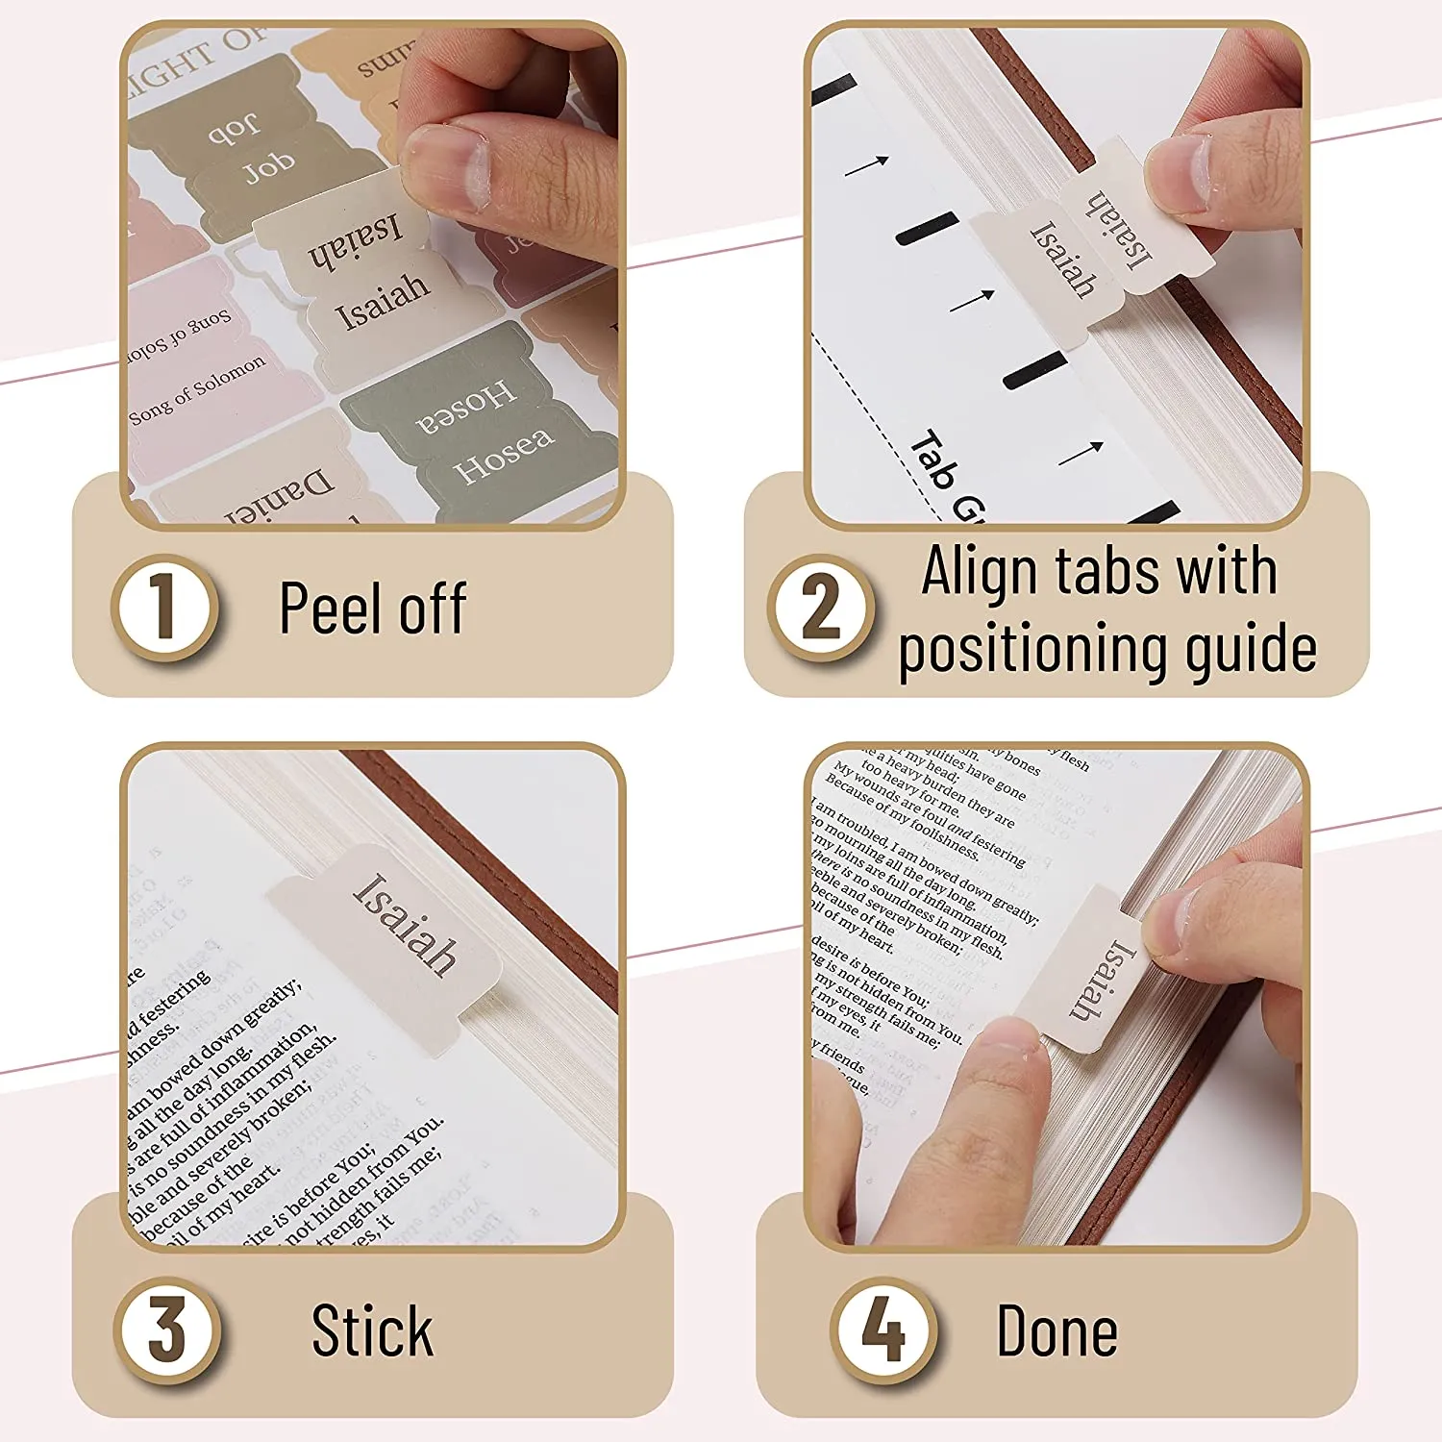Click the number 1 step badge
[x=164, y=608]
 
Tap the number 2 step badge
[x=820, y=608]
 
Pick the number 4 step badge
[x=883, y=1330]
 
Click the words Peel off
[x=373, y=609]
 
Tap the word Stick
[x=373, y=1331]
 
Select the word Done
[x=1057, y=1331]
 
